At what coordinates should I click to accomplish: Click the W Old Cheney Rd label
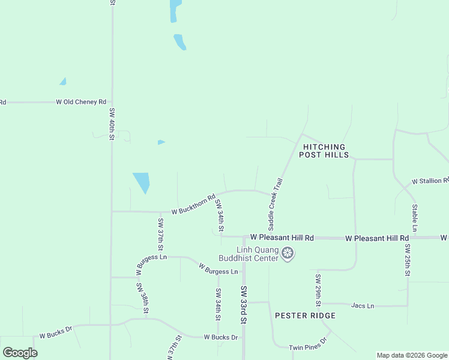(x=81, y=102)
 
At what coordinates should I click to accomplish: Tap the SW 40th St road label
(x=112, y=124)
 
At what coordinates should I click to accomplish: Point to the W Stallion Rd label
(x=429, y=181)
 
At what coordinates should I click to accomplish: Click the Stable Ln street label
(x=414, y=218)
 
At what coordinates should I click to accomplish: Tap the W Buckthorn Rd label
(x=193, y=204)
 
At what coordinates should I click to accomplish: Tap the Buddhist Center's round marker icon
(x=288, y=254)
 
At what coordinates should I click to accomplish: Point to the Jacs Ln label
(x=362, y=306)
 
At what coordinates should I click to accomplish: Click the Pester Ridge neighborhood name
(x=305, y=316)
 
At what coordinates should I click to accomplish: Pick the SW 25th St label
(x=407, y=260)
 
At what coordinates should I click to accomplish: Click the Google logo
(x=20, y=353)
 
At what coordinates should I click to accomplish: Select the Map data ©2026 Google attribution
(x=412, y=355)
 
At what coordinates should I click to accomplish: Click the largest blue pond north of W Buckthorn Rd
(x=142, y=181)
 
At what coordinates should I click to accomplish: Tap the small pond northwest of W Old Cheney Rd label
(x=62, y=82)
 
